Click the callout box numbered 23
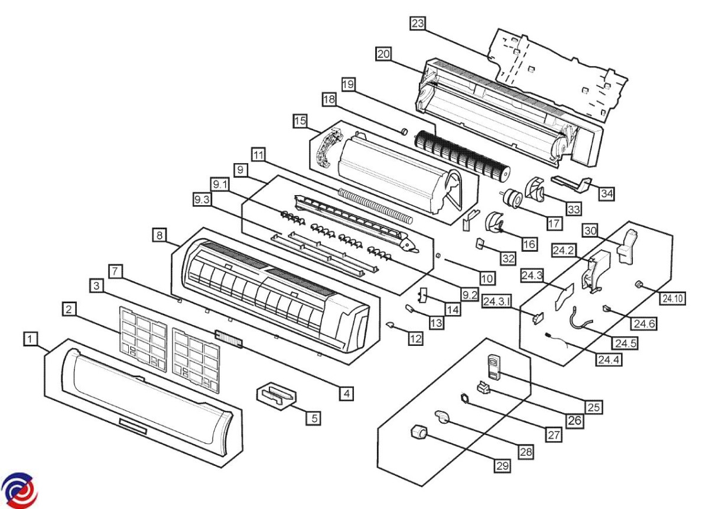[x=418, y=24]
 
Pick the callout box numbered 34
[x=607, y=193]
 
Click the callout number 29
[x=502, y=465]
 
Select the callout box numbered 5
[x=314, y=417]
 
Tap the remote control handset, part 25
[x=493, y=366]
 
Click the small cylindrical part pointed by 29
[x=419, y=435]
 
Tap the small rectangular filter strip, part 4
[x=229, y=339]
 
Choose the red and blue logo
[x=19, y=490]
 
